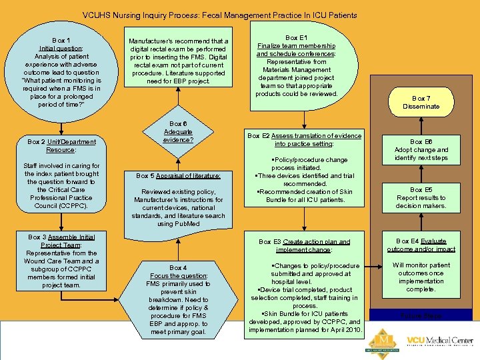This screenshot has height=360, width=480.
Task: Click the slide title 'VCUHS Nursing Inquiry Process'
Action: pos(219,15)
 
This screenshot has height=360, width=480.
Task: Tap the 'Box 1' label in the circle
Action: pos(61,41)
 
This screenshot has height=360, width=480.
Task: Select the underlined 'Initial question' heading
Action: pos(61,49)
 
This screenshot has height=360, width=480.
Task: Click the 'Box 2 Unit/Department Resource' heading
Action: pos(61,145)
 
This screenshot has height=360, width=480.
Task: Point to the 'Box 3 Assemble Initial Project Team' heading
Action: pos(61,241)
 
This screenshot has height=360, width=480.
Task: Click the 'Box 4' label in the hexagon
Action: pos(178,267)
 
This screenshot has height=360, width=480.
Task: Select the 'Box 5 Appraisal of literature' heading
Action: pos(178,176)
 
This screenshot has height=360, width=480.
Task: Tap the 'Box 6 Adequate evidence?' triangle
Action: pos(178,132)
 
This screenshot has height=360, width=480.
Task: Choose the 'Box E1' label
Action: pos(296,38)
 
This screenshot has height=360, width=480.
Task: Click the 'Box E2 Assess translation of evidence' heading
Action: pos(304,139)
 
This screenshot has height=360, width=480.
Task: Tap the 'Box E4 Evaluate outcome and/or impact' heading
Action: pos(421,245)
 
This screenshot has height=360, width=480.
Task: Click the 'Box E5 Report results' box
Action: pos(421,198)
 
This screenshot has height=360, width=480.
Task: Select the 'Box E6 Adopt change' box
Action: pos(421,150)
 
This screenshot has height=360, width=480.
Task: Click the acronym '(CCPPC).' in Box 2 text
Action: pos(61,206)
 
